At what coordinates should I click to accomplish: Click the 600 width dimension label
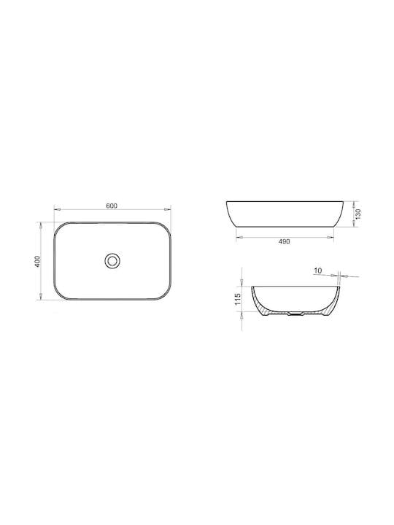click(x=112, y=206)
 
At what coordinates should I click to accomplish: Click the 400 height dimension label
click(x=37, y=261)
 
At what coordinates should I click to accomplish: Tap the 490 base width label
click(x=284, y=241)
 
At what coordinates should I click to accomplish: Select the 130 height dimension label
click(x=358, y=214)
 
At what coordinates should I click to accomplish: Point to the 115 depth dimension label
click(x=238, y=299)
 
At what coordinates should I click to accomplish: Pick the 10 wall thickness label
click(x=318, y=271)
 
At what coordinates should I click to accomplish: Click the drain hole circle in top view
click(x=112, y=261)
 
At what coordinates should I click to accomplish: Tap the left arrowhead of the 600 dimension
click(x=58, y=209)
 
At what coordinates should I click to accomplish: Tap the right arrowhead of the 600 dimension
click(x=168, y=209)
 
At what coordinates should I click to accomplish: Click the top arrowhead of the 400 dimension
click(x=41, y=225)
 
